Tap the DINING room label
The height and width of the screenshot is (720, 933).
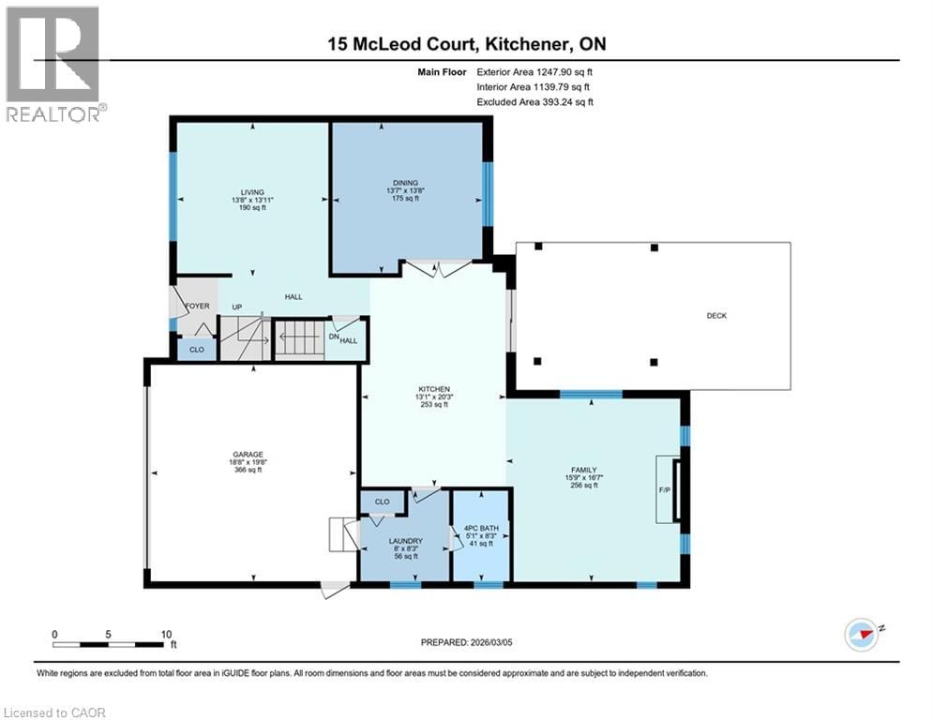[x=405, y=183]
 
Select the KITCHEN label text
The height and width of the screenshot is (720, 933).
[x=434, y=389]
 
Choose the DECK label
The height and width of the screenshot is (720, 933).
[x=716, y=316]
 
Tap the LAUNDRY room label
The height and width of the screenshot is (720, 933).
[x=406, y=541]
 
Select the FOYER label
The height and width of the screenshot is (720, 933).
[x=197, y=307]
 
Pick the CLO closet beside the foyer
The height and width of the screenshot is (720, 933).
[x=196, y=350]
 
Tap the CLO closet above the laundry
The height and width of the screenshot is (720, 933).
[x=382, y=502]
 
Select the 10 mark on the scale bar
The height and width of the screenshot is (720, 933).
[x=164, y=634]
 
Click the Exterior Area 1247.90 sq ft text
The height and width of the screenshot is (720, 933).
[x=534, y=70]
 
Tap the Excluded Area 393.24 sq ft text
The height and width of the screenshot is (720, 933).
[x=534, y=102]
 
